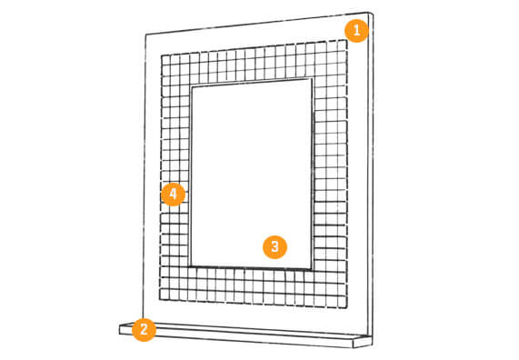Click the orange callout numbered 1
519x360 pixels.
pyautogui.click(x=356, y=31)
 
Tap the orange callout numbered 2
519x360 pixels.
pyautogui.click(x=144, y=329)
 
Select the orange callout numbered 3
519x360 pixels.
pyautogui.click(x=274, y=246)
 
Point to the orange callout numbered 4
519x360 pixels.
pyautogui.click(x=173, y=194)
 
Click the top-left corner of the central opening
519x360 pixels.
pyautogui.click(x=192, y=86)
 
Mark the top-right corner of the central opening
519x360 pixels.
pyautogui.click(x=312, y=79)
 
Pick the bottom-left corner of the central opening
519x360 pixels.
pyautogui.click(x=191, y=265)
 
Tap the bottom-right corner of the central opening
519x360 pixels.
pyautogui.click(x=311, y=269)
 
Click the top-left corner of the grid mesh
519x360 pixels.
pyautogui.click(x=162, y=55)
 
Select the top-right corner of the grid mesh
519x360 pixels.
pyautogui.click(x=346, y=40)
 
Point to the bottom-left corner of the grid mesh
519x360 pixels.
pyautogui.click(x=160, y=300)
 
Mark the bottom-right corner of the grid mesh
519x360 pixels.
pyautogui.click(x=346, y=308)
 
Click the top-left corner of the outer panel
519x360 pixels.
pyautogui.click(x=145, y=35)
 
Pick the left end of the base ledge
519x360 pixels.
pyautogui.click(x=120, y=329)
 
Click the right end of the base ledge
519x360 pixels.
pyautogui.click(x=372, y=341)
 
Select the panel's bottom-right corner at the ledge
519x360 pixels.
pyautogui.click(x=367, y=335)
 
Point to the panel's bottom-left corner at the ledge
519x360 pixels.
pyautogui.click(x=143, y=323)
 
